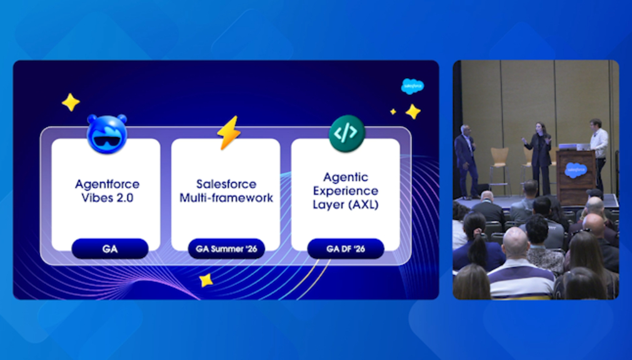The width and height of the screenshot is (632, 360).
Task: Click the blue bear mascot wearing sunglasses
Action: coord(108,134)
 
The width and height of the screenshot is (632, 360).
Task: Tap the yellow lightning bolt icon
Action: coord(229,132)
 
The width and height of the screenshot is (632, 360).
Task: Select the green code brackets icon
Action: coord(347,134)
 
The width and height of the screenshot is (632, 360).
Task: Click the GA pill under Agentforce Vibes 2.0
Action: coord(110,249)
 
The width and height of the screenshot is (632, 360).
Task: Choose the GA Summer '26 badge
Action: coord(226,249)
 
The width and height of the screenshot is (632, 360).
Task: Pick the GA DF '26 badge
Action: coord(346,249)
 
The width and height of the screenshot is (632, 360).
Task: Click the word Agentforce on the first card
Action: coord(108,184)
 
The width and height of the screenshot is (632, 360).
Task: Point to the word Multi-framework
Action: coord(226,198)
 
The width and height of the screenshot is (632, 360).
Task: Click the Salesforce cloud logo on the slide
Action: coord(413,86)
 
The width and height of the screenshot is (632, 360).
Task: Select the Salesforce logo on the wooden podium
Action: coord(576,170)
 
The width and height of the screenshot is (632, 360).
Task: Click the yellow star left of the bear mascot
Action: coord(71,102)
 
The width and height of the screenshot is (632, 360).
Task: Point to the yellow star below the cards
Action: coord(206,280)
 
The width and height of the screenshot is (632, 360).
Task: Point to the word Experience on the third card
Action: coord(346,191)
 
